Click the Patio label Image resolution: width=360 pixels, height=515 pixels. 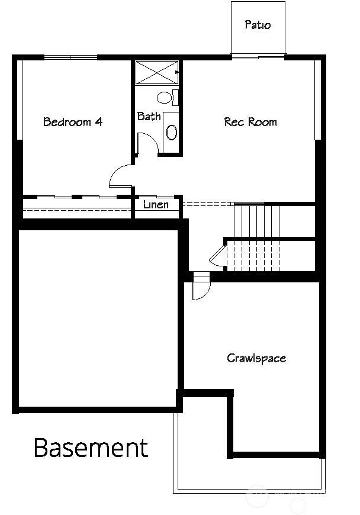(258, 25)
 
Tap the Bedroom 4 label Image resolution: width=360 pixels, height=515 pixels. (73, 122)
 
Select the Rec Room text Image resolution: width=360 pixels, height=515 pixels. (250, 122)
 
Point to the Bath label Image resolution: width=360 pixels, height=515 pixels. (149, 116)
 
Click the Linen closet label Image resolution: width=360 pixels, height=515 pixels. (156, 205)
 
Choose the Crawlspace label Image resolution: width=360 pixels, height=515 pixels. (256, 358)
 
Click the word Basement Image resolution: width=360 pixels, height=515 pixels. (91, 448)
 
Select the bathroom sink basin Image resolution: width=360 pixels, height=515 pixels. (172, 132)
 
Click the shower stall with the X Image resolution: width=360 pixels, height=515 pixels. (157, 72)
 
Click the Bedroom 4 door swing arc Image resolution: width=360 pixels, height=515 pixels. (120, 176)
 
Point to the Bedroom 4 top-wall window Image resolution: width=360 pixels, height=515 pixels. (71, 57)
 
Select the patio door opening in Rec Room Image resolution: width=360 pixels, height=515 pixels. (258, 57)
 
